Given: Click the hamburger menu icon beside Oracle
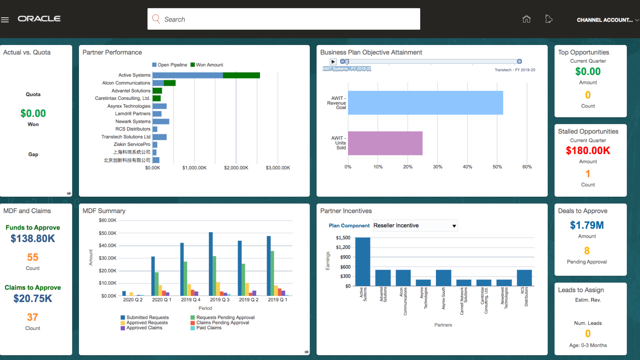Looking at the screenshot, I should (x=5, y=20).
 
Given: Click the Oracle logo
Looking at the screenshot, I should (x=39, y=19).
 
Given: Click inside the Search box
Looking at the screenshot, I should (x=283, y=19).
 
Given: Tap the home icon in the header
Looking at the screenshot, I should (x=526, y=19).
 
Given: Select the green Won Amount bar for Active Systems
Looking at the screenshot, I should (x=241, y=75).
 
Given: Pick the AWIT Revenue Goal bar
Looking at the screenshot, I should (x=425, y=103).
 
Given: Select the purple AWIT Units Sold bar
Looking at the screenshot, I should (x=385, y=143).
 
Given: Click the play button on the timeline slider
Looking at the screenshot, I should (x=333, y=62).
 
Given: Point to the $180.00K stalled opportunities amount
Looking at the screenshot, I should (x=588, y=151).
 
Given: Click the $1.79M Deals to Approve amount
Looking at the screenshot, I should (x=587, y=225).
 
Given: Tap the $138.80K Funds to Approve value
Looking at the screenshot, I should (x=33, y=239).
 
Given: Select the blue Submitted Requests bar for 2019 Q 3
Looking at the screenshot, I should (x=211, y=264).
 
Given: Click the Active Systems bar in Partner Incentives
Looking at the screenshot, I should (x=363, y=261).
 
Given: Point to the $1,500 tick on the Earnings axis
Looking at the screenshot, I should (x=343, y=238).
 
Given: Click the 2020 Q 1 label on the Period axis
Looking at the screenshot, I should (x=162, y=300).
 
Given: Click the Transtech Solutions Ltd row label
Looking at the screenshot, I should (x=126, y=137).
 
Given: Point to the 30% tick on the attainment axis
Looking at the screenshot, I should (x=437, y=167).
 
